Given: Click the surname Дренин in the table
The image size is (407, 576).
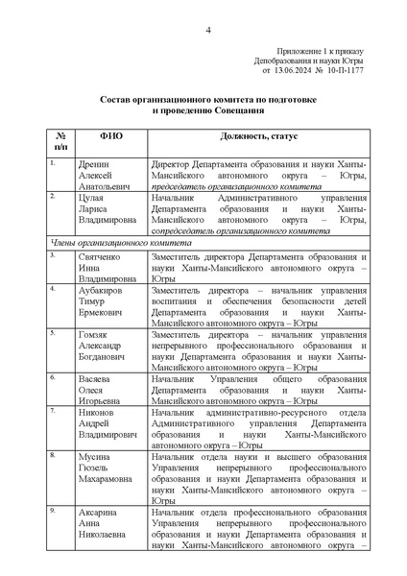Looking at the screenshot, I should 94,164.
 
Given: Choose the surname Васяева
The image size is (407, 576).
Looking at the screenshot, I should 96,377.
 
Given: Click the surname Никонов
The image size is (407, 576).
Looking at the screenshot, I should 97,411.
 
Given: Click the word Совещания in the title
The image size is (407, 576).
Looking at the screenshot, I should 242,110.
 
